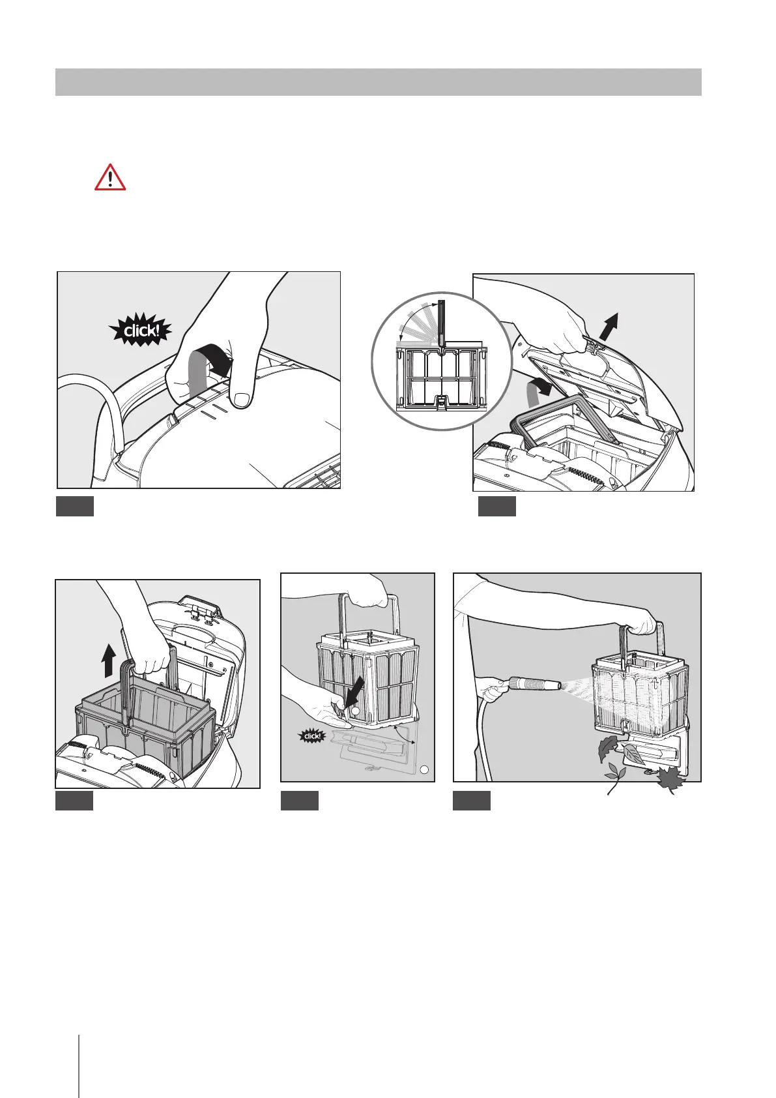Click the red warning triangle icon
pyautogui.click(x=110, y=177)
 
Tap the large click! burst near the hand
pyautogui.click(x=141, y=331)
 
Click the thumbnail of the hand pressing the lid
pyautogui.click(x=199, y=380)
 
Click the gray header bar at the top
pyautogui.click(x=378, y=82)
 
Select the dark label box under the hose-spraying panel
pyautogui.click(x=472, y=800)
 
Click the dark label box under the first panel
pyautogui.click(x=75, y=506)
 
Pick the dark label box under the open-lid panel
pyautogui.click(x=496, y=506)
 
